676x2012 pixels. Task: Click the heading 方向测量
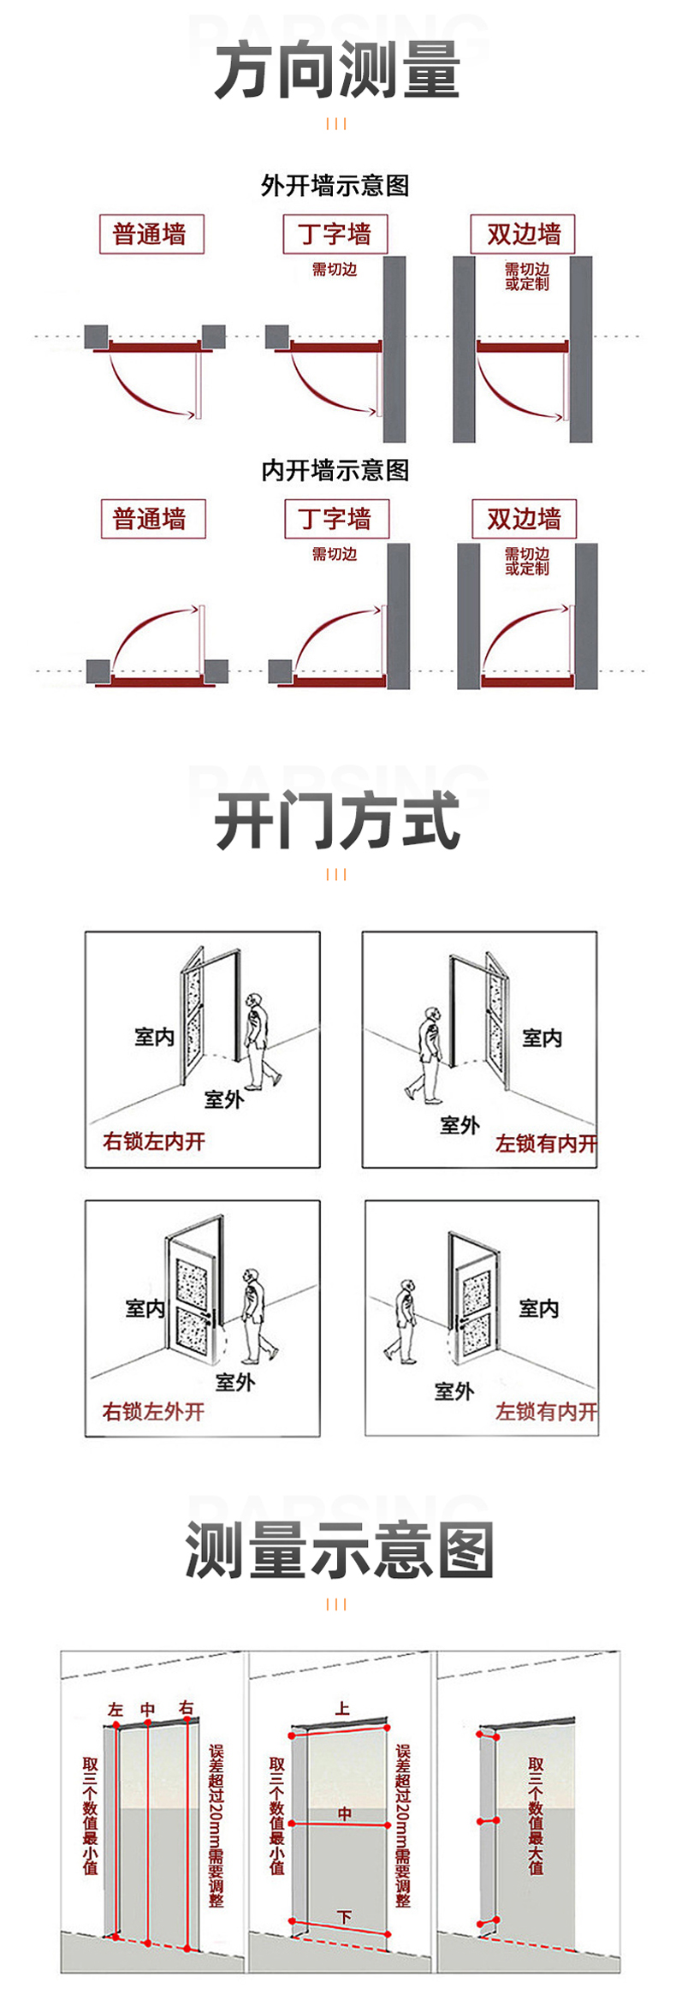tap(337, 70)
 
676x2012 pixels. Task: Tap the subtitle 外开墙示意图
tap(335, 185)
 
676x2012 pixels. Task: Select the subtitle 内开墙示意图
tap(335, 470)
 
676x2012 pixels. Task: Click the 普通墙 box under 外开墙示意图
tap(151, 234)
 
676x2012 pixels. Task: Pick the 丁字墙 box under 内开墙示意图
tap(336, 519)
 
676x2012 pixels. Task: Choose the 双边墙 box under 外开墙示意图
tap(523, 234)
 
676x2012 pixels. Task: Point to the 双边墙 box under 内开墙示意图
tap(524, 519)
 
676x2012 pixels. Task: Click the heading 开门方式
tap(337, 821)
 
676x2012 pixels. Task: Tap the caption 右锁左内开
tap(154, 1141)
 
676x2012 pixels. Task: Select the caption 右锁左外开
tap(153, 1412)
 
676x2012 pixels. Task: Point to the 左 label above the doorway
tap(116, 1710)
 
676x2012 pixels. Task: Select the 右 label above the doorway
tap(187, 1707)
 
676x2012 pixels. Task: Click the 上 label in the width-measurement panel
tap(342, 1708)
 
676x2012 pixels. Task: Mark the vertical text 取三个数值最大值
tap(537, 1816)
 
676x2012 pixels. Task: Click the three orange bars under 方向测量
tap(336, 124)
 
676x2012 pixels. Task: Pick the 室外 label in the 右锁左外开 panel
tap(235, 1382)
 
